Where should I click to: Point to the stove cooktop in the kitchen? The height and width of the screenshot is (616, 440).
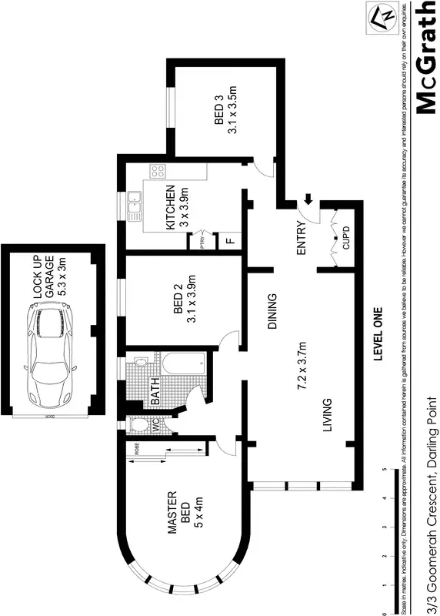pyautogui.click(x=158, y=172)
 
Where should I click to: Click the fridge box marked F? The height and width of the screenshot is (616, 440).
pyautogui.click(x=228, y=240)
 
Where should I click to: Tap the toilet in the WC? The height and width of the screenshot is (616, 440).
pyautogui.click(x=139, y=424)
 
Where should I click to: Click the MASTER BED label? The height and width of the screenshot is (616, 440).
pyautogui.click(x=179, y=509)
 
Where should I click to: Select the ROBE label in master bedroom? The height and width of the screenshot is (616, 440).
pyautogui.click(x=137, y=452)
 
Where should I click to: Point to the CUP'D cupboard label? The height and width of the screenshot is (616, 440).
pyautogui.click(x=345, y=239)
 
